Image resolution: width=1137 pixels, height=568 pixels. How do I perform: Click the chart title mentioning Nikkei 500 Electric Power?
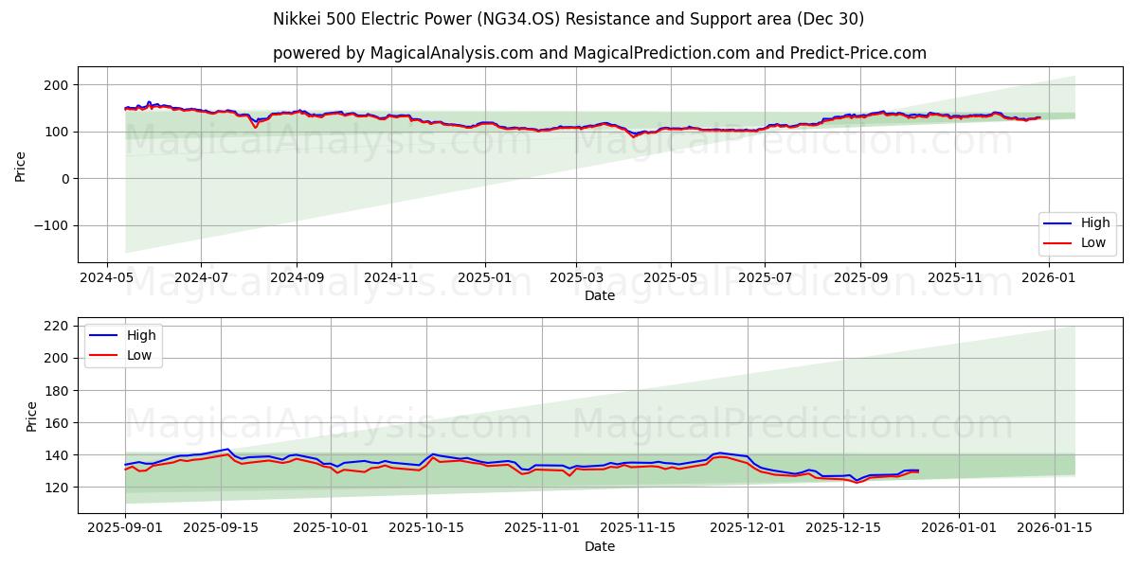pos(568,19)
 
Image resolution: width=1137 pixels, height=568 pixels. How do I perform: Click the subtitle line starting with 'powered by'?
pos(600,53)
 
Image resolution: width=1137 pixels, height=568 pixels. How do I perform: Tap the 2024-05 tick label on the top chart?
pos(106,277)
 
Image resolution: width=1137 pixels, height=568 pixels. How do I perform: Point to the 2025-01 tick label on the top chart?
pos(484,277)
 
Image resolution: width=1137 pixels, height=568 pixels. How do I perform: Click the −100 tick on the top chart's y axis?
pos(50,226)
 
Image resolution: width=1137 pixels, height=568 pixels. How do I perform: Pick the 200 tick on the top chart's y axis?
pos(58,85)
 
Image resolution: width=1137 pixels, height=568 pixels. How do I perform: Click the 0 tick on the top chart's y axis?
pos(65,179)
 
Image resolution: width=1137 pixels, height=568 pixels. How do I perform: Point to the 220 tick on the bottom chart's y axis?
pos(58,326)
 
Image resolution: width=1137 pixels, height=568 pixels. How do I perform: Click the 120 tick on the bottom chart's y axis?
pos(58,488)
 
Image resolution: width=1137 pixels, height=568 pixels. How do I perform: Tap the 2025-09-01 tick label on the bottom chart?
pos(124,527)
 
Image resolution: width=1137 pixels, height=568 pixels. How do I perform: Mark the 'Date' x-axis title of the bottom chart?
pos(600,546)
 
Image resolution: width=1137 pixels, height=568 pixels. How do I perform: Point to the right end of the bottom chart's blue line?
pos(918,470)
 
